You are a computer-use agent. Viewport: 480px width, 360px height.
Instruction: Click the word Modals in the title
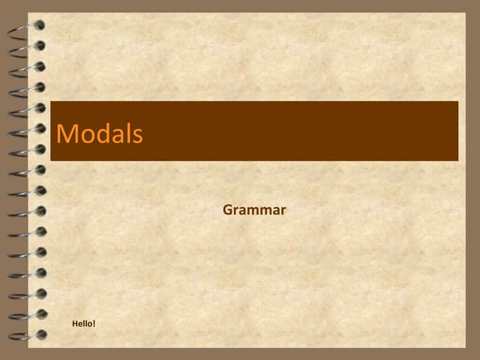[x=99, y=133]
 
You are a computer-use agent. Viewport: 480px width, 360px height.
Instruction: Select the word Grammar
[x=254, y=210]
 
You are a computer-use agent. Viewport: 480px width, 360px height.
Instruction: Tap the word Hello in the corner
[x=82, y=323]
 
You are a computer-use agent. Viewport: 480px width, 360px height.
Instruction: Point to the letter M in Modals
[x=67, y=133]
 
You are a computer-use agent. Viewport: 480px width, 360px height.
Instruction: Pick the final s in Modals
[x=136, y=135]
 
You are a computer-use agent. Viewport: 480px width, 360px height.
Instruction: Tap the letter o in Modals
[x=86, y=136]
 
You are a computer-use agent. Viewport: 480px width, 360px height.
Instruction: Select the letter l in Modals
[x=127, y=133]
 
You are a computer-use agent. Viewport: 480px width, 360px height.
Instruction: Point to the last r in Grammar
[x=282, y=211]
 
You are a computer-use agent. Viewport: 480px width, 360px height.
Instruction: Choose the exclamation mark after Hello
[x=94, y=323]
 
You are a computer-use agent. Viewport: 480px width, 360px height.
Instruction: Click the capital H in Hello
[x=75, y=323]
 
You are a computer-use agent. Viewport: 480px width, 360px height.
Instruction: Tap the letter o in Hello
[x=89, y=324]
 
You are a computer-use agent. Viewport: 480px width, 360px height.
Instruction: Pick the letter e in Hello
[x=80, y=324]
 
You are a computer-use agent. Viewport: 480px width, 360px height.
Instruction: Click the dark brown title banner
[x=300, y=131]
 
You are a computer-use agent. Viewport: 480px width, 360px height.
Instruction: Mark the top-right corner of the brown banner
[x=457, y=102]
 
